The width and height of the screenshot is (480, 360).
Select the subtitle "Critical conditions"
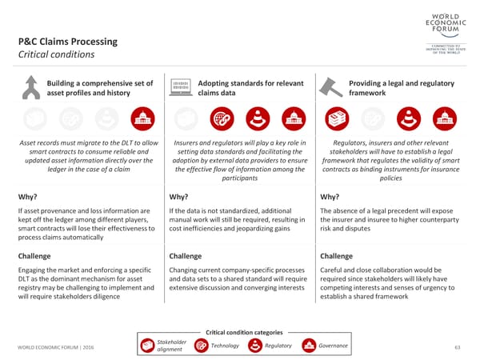point(56,54)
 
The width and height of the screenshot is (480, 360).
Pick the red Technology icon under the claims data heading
point(222,119)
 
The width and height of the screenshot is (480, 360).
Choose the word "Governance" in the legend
point(333,346)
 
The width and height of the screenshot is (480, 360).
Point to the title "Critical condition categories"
point(244,332)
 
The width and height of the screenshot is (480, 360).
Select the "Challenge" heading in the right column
point(336,256)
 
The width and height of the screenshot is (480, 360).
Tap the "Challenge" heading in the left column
point(34,256)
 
